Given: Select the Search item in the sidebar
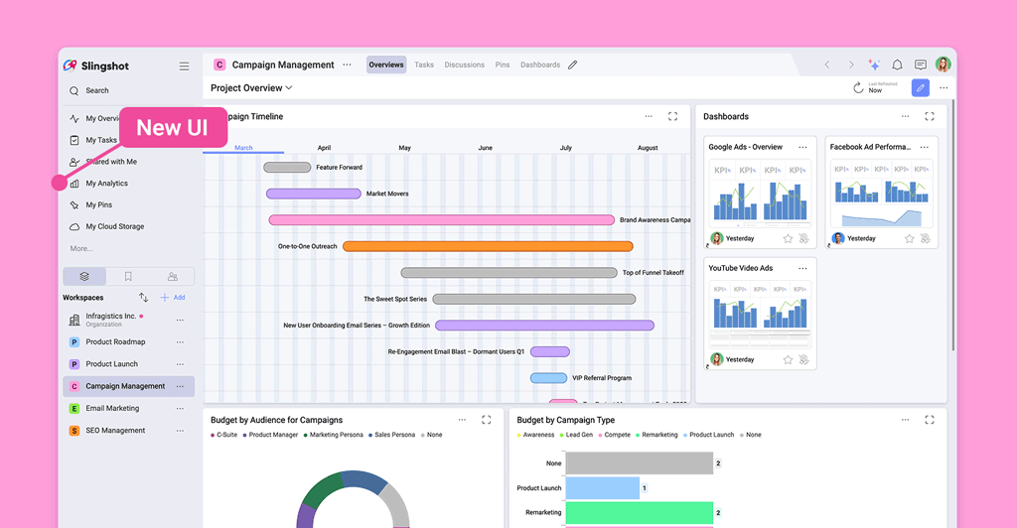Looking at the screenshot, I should click(x=96, y=90).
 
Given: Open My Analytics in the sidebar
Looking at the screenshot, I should click(x=106, y=184).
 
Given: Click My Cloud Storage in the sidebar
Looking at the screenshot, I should click(x=114, y=226).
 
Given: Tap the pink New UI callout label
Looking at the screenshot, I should click(x=172, y=127).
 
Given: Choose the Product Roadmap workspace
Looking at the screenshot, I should click(x=114, y=342).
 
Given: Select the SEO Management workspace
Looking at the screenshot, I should click(x=114, y=431).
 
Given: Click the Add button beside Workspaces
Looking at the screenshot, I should click(x=175, y=298).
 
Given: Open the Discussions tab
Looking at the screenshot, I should click(x=464, y=66).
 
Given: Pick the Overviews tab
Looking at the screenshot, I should click(x=385, y=66).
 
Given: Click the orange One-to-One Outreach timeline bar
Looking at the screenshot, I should click(x=488, y=246).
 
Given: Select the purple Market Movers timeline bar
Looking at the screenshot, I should click(x=313, y=194).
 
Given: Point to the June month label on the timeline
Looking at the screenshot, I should click(x=485, y=148).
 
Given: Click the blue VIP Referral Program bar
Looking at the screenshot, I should click(x=548, y=378).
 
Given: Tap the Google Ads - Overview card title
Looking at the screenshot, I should click(x=745, y=147).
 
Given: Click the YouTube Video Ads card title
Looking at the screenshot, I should click(x=740, y=268).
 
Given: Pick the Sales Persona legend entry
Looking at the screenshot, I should click(x=393, y=435).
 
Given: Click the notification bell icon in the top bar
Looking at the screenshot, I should click(x=898, y=66).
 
